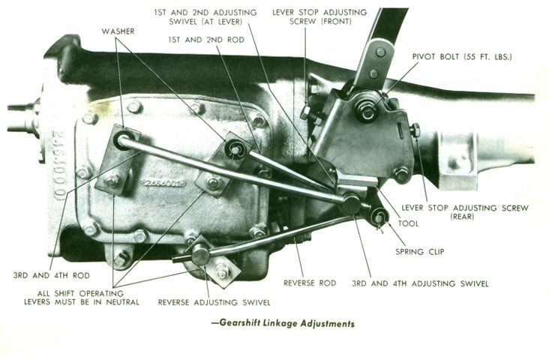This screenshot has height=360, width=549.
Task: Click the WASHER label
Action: pos(118,31)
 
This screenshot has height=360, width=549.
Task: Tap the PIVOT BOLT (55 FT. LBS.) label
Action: pos(462,57)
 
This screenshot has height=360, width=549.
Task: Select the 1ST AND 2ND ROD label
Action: pos(206,40)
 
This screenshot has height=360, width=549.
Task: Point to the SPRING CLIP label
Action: pos(420,251)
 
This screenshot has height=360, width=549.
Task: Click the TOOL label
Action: pos(408,223)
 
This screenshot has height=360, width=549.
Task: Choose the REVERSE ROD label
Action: pos(310,283)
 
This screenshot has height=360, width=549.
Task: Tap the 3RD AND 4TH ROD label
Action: pos(52,275)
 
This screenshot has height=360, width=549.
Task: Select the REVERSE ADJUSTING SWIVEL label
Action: pos(214,302)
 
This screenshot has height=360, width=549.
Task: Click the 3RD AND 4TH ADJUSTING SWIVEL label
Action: pos(420,283)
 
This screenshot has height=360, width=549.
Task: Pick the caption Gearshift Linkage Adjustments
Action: pos(283,323)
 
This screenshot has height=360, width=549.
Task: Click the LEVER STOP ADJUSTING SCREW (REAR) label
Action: pos(464,211)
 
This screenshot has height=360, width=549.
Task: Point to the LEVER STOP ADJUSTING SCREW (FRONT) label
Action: pos(319,16)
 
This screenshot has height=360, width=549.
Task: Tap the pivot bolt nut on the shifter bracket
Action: pos(367,111)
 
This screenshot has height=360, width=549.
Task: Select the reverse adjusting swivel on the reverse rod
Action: pos(200,254)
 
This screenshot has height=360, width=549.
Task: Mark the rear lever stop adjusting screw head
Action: pos(415,130)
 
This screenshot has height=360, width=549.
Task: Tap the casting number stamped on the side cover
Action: pos(163,183)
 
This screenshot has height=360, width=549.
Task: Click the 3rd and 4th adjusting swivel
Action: pos(351,204)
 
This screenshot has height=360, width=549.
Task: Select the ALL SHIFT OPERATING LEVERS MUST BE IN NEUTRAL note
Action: pos(82,298)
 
